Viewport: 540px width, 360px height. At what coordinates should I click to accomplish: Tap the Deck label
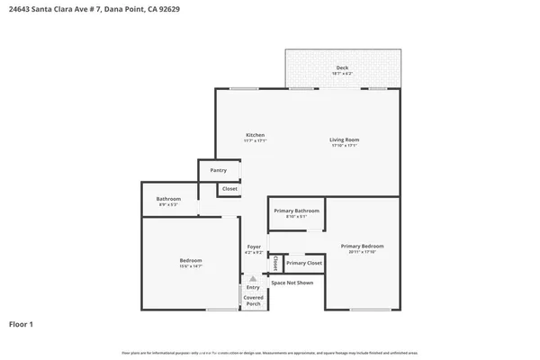pos(342,67)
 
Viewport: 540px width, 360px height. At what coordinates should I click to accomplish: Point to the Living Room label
pos(344,139)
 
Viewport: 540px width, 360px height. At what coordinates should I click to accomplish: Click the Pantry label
pos(219,170)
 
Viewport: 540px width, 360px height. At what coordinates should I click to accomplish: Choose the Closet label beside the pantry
pos(229,189)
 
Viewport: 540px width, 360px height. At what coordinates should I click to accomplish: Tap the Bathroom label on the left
pos(168,199)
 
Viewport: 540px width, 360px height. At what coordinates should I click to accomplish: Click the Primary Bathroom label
pos(297,211)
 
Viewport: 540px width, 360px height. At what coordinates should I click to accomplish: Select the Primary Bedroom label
pos(362,246)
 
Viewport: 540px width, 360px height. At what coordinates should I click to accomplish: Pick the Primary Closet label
pos(304,263)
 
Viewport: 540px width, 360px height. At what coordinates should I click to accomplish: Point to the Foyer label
pos(254,247)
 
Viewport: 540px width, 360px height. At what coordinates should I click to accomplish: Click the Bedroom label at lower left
pos(190,261)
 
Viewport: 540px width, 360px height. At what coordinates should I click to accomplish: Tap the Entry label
pos(253,287)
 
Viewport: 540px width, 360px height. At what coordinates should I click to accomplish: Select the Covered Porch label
pos(253,301)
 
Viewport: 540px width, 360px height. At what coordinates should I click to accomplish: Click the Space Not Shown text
pos(292,283)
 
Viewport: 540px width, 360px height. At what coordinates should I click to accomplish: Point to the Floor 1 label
pos(22,324)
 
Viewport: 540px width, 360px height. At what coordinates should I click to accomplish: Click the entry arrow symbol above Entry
pos(253,279)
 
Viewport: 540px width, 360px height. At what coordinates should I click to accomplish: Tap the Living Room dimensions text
pos(344,145)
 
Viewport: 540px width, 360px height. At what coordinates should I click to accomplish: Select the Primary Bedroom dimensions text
pos(362,252)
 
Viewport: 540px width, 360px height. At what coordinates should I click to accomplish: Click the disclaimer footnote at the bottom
pos(270,353)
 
